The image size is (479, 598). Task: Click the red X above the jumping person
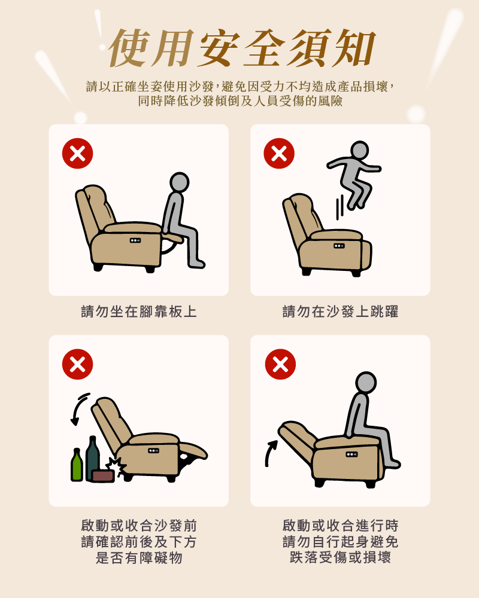[x=279, y=153]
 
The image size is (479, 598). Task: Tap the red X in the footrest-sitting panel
[x=78, y=153]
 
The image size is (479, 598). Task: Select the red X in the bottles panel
[x=78, y=364]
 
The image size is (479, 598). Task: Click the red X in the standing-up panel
[x=280, y=364]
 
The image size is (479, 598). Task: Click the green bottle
[x=77, y=465]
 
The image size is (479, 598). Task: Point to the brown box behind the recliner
[x=103, y=475]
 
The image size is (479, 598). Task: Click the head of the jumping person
[x=359, y=150]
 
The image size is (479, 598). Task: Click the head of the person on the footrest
[x=179, y=182]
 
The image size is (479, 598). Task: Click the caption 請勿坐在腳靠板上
[x=139, y=312]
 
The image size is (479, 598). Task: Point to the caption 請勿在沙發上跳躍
[x=340, y=312]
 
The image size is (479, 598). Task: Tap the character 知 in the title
[x=353, y=48]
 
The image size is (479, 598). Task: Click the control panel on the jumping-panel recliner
[x=339, y=246]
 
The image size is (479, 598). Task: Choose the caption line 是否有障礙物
[x=139, y=558]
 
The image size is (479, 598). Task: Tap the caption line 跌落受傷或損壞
[x=340, y=557]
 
